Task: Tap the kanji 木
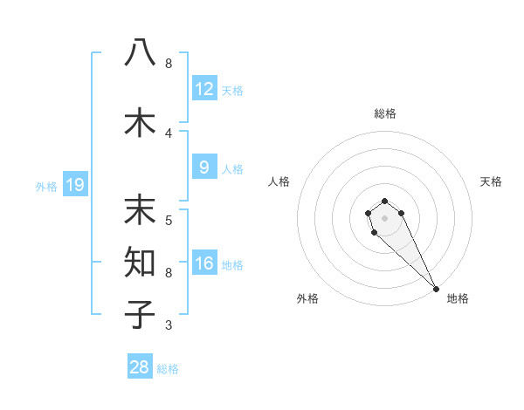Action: tap(140, 122)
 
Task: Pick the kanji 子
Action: tap(140, 314)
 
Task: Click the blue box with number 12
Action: tap(204, 89)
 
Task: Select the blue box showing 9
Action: tap(204, 167)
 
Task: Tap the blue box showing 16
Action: tap(204, 263)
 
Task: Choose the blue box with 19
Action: tap(74, 185)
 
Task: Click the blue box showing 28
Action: tap(140, 367)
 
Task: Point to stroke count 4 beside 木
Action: tap(169, 133)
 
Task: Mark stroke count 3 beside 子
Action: tap(169, 325)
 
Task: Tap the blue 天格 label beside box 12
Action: tap(232, 91)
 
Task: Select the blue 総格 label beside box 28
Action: tap(168, 369)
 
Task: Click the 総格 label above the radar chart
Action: tap(385, 113)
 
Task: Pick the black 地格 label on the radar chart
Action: tap(458, 299)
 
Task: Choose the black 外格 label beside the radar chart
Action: tap(307, 299)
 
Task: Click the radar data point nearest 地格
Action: tap(436, 289)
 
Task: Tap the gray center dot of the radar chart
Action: tap(385, 217)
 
